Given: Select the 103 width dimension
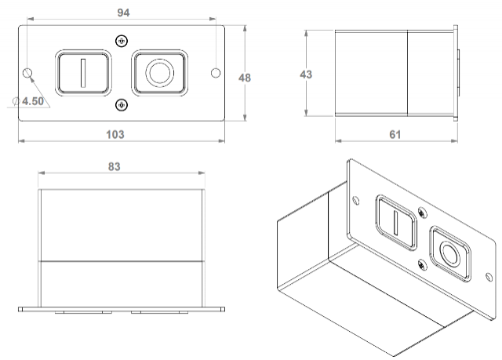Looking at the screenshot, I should click(115, 134).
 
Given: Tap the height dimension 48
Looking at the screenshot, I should click(245, 78).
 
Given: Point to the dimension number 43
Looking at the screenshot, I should click(307, 74).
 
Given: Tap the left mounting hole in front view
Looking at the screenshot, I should click(29, 74).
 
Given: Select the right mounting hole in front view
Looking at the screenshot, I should click(216, 73).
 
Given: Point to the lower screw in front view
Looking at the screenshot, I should click(121, 105).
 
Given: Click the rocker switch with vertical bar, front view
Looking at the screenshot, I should click(82, 73).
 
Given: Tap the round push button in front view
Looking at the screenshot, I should click(160, 73).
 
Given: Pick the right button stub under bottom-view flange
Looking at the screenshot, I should click(161, 311).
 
